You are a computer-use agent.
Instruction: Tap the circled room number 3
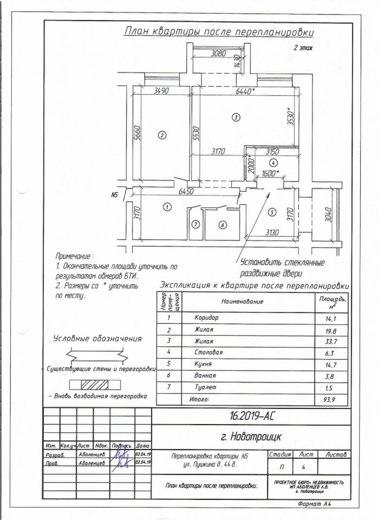[236, 117]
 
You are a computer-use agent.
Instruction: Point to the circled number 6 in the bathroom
[221, 224]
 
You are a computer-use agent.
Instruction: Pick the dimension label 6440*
[246, 92]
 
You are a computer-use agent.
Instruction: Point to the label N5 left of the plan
[114, 194]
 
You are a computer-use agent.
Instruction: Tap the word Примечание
[74, 256]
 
